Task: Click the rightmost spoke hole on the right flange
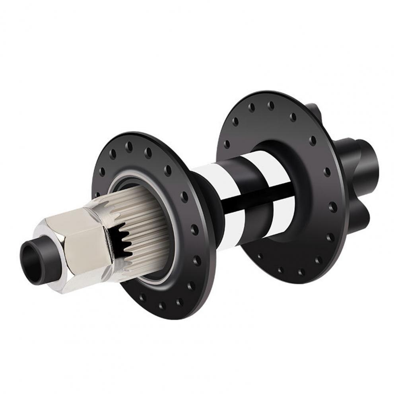coord(333,207)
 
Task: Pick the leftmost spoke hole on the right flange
coord(227,144)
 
